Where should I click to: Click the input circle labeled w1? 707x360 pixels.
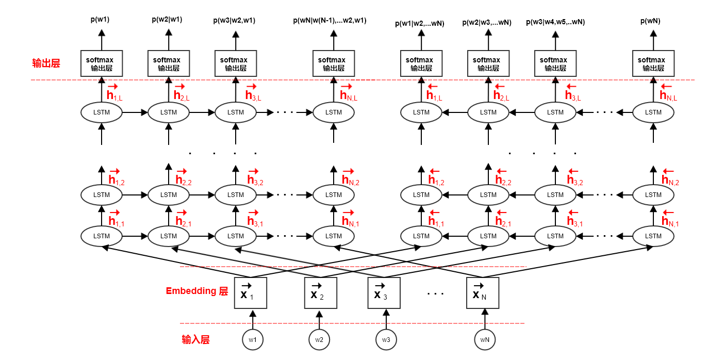pyautogui.click(x=253, y=340)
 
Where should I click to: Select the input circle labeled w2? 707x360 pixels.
pyautogui.click(x=319, y=340)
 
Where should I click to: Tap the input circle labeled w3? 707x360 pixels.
pyautogui.click(x=386, y=340)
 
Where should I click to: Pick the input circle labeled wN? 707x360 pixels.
pyautogui.click(x=485, y=340)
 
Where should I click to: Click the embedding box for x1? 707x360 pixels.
pyautogui.click(x=251, y=293)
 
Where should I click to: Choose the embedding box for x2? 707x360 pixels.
pyautogui.click(x=320, y=293)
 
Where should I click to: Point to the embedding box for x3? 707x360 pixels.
pyautogui.click(x=384, y=293)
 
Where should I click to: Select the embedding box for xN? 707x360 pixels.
pyautogui.click(x=483, y=293)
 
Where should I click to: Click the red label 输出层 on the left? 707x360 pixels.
pyautogui.click(x=46, y=63)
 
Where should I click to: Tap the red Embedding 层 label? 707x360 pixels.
pyautogui.click(x=196, y=291)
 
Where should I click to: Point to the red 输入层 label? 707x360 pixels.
pyautogui.click(x=195, y=340)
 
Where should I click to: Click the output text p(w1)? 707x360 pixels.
pyautogui.click(x=100, y=20)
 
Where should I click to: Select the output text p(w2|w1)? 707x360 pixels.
pyautogui.click(x=167, y=20)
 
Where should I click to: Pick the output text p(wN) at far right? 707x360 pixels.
pyautogui.click(x=650, y=21)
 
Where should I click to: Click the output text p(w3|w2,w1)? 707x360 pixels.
pyautogui.click(x=234, y=21)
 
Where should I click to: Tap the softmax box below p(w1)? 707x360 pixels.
pyautogui.click(x=102, y=64)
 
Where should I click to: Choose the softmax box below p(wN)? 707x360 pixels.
pyautogui.click(x=653, y=64)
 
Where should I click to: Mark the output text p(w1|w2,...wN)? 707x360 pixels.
pyautogui.click(x=420, y=23)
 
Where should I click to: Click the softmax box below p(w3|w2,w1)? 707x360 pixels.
pyautogui.click(x=236, y=64)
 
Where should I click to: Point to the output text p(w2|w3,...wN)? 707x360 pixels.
pyautogui.click(x=487, y=22)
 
